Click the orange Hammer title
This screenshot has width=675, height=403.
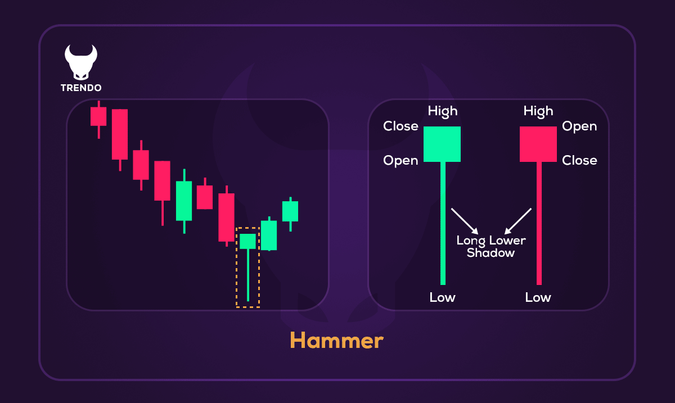(x=336, y=341)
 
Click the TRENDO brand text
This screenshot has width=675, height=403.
(x=81, y=88)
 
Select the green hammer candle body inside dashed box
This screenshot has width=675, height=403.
(x=247, y=241)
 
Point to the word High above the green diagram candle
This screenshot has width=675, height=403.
(x=443, y=111)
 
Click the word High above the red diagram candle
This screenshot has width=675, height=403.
(x=538, y=111)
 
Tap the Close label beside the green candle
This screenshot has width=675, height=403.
(x=400, y=126)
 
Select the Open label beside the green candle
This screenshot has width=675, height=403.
(x=400, y=161)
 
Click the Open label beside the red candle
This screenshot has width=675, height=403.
(x=579, y=126)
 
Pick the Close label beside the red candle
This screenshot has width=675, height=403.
(x=579, y=161)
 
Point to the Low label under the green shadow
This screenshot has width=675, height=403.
(x=442, y=297)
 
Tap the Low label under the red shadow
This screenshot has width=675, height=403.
(x=538, y=297)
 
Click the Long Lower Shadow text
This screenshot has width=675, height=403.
(x=490, y=247)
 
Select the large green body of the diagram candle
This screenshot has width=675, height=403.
(x=442, y=144)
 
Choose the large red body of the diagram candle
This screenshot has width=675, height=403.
(x=538, y=144)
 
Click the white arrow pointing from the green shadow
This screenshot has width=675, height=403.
(x=465, y=221)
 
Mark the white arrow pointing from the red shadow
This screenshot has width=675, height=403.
(x=518, y=221)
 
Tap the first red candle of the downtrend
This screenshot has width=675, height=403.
(x=98, y=116)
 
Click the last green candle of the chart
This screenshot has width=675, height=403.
(x=290, y=211)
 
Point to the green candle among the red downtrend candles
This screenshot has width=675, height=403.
(x=184, y=201)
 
